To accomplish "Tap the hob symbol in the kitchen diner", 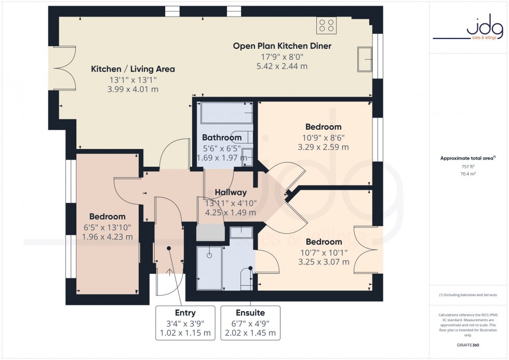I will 327,25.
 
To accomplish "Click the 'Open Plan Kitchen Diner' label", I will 282,46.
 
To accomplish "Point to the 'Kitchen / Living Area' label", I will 133,69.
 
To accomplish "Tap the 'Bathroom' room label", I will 222,138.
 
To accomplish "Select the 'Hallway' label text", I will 231,192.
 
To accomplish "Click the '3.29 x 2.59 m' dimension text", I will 324,147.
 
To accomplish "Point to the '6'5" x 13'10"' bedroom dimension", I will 107,227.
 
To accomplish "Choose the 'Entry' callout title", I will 185,313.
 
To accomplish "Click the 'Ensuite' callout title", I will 250,313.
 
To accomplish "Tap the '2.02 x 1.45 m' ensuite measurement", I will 250,333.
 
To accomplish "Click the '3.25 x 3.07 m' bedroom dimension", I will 324,262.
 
